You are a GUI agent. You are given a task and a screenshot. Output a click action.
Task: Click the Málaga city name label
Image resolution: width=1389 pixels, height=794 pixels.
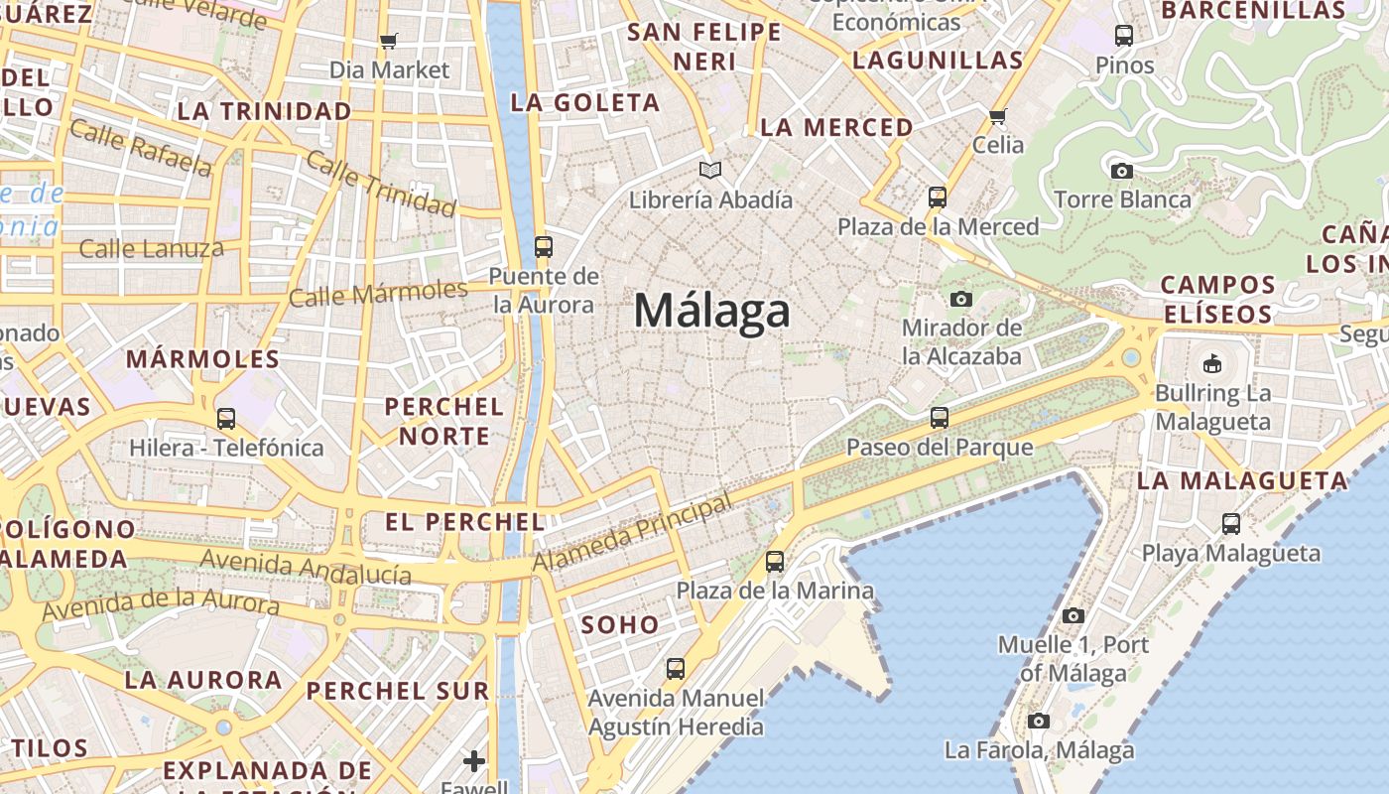(711, 311)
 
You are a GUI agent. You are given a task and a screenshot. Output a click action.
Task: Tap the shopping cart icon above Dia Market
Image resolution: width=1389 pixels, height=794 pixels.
(389, 41)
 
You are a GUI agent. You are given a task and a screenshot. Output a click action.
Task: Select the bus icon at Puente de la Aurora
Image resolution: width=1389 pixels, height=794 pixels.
(543, 246)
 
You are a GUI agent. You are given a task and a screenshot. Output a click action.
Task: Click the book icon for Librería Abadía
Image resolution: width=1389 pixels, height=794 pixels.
(710, 171)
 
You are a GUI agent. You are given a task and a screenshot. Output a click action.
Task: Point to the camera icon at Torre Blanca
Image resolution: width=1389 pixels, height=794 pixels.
(1122, 171)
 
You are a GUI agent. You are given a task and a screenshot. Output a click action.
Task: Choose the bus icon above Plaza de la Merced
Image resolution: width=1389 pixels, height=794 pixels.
(938, 197)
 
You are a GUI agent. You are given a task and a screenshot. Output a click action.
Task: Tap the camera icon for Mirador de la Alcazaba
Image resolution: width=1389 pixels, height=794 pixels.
(960, 299)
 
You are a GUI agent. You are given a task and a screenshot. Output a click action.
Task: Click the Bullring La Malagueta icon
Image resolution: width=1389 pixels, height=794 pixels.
(1211, 363)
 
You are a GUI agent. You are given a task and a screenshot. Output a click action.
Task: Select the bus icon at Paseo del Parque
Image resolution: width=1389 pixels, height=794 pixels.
(940, 417)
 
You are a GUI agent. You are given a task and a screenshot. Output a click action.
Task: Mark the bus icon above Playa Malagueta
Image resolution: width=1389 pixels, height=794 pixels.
(1231, 523)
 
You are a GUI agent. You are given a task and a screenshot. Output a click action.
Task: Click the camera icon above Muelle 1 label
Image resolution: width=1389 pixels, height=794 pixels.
(1073, 615)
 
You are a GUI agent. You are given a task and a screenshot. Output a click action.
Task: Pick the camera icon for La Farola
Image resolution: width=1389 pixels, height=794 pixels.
(1039, 721)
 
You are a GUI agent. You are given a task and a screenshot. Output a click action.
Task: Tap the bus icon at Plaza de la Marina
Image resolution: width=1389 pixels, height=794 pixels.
(775, 562)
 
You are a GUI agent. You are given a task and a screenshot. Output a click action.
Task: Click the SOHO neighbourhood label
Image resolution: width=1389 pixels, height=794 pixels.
(620, 624)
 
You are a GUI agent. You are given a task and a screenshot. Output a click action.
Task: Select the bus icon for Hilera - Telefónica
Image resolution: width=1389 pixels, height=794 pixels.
(226, 418)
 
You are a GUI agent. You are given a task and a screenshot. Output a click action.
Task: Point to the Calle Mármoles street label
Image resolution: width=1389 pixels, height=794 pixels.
(377, 294)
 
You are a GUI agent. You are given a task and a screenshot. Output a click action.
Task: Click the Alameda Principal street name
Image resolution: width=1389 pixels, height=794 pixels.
(633, 534)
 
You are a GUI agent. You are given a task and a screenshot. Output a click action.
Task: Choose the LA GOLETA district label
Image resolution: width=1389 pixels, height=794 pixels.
(584, 102)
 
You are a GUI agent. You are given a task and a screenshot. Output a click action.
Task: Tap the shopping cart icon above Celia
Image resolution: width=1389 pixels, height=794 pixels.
(998, 115)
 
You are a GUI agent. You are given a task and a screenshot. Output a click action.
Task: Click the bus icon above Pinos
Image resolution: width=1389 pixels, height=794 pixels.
(1124, 36)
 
